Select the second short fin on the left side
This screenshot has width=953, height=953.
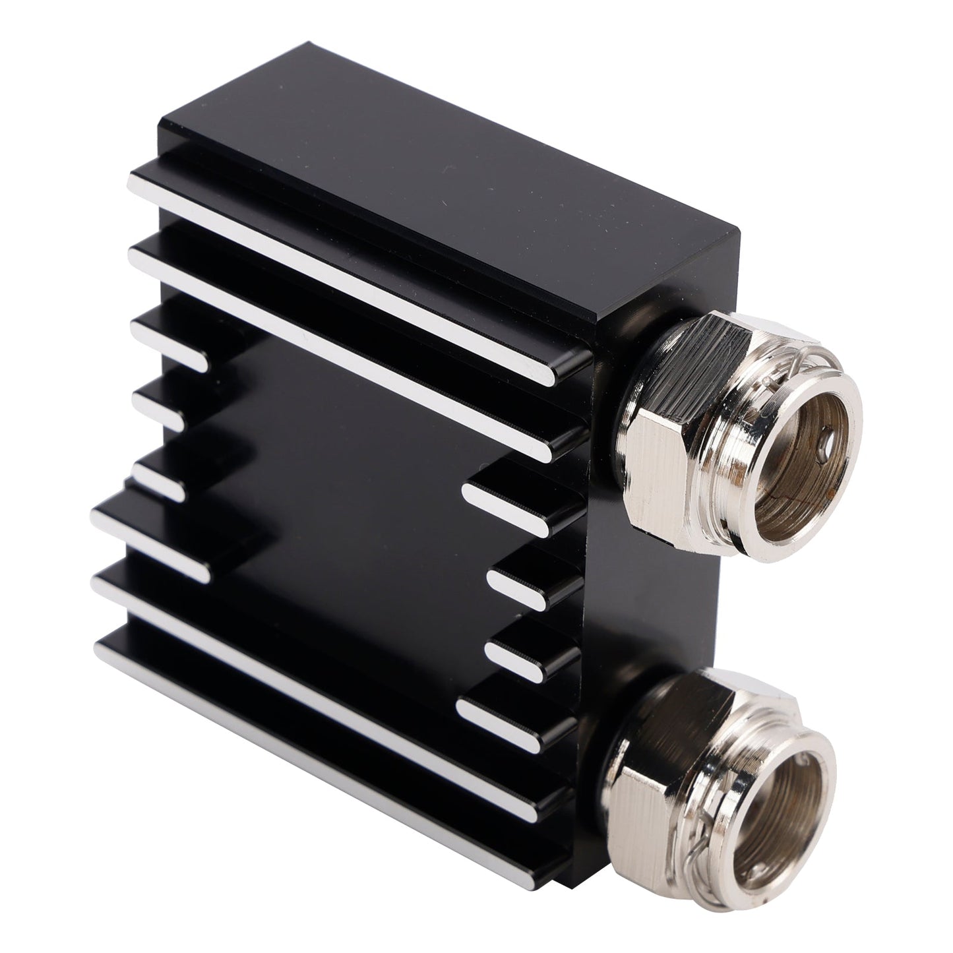pyautogui.click(x=158, y=409)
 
